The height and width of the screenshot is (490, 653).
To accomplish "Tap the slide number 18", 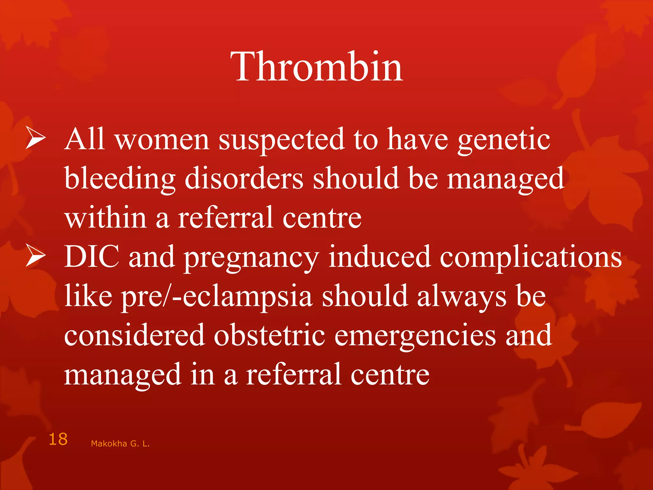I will [x=58, y=439].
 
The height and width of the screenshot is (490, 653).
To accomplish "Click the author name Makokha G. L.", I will [x=120, y=443].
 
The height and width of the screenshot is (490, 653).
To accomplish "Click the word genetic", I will [x=504, y=140].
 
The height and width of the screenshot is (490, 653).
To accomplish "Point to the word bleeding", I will [x=120, y=179].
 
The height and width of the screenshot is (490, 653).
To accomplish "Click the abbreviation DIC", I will [x=92, y=256].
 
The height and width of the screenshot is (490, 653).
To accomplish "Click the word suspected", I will [x=281, y=140].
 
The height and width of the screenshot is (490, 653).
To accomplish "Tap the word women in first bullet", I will [x=162, y=140].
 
